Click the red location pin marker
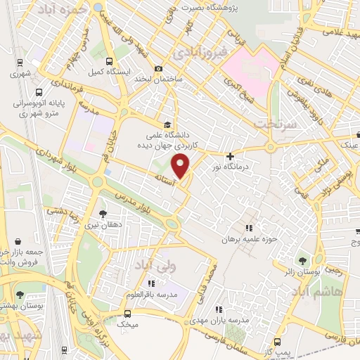point(181,167)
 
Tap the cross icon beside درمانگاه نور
point(230,155)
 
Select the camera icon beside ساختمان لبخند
point(160,68)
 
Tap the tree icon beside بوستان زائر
point(304,261)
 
